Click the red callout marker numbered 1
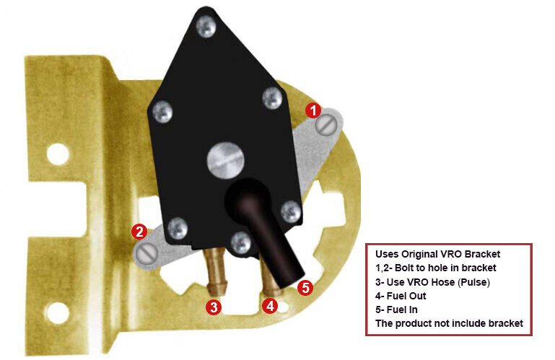312,110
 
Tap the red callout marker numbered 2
139,232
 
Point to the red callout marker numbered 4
270,306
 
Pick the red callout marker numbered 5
305,288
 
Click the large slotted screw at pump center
221,159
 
